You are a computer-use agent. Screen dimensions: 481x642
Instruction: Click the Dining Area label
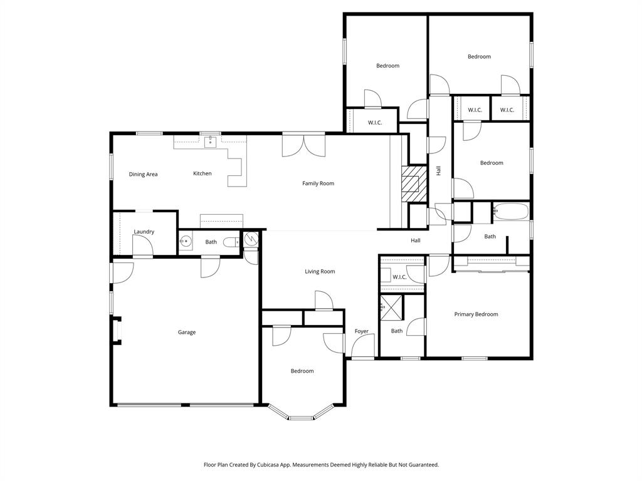[x=143, y=174]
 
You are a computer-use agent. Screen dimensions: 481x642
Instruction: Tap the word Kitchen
[x=202, y=173]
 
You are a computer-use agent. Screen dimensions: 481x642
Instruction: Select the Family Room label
[x=318, y=184]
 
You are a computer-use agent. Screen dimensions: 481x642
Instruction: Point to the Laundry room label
[x=144, y=232]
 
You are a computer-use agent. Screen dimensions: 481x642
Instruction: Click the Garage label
[x=186, y=332]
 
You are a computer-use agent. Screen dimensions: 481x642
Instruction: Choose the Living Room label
[x=320, y=271]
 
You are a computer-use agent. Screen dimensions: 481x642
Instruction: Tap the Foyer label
[x=361, y=331]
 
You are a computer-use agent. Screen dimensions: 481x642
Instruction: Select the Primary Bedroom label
[x=476, y=314]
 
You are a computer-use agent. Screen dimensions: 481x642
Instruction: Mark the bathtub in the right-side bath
[x=511, y=211]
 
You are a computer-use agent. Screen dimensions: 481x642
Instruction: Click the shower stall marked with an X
[x=393, y=306]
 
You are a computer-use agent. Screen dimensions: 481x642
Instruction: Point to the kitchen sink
[x=209, y=142]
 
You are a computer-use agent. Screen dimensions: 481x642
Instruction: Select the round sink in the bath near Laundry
[x=186, y=241]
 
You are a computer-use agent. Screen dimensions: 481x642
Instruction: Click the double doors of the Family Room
[x=303, y=146]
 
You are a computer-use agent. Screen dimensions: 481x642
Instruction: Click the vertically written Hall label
[x=438, y=170]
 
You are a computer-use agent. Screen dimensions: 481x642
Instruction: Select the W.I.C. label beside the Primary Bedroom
[x=399, y=277]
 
